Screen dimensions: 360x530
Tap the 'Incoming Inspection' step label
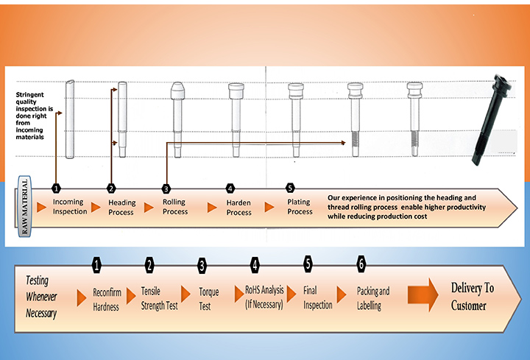[x=69, y=207]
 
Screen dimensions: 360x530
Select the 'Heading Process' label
[x=121, y=208]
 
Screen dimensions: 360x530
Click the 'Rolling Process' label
[x=175, y=207]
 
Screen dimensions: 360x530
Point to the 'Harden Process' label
[x=239, y=208]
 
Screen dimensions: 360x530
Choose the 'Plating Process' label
[x=300, y=207]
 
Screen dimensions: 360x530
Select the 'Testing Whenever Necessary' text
[x=41, y=296]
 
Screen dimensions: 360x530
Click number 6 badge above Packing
[x=361, y=264]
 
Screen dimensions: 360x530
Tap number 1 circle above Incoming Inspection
[x=57, y=188]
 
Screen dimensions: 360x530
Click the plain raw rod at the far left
[x=70, y=119]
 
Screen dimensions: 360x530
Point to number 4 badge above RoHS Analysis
[x=255, y=264]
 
